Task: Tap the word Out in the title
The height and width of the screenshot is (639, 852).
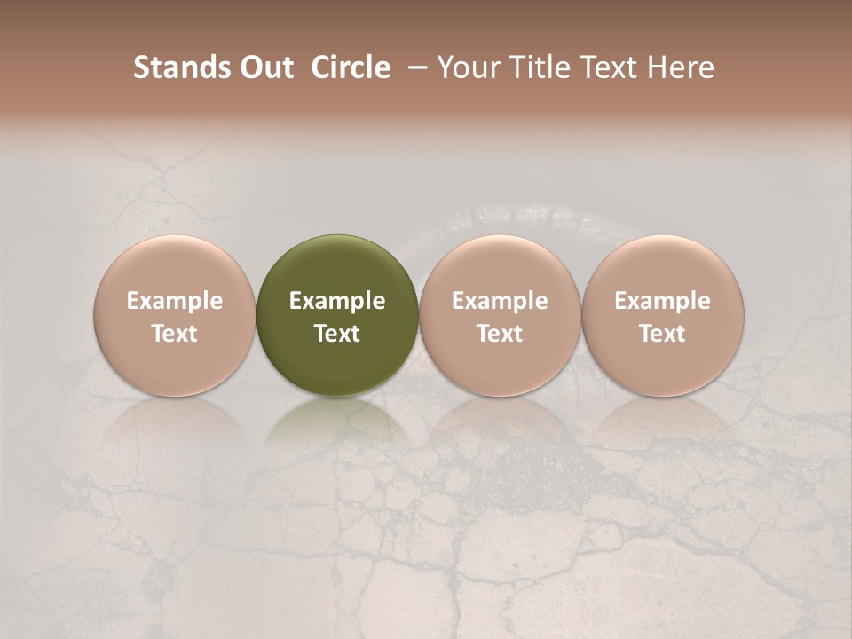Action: [x=265, y=67]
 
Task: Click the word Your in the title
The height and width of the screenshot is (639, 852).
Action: [x=467, y=67]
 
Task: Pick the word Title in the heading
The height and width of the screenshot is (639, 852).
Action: [x=536, y=67]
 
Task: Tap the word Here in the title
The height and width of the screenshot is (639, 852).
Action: [x=678, y=67]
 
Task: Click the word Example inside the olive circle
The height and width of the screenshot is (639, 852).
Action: [x=337, y=301]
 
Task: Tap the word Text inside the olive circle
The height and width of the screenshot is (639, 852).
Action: [x=337, y=334]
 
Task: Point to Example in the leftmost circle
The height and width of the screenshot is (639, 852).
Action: [x=174, y=301]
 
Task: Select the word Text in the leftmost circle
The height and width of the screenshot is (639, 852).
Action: [x=174, y=334]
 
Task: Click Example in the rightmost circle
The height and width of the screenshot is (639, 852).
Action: [x=662, y=301]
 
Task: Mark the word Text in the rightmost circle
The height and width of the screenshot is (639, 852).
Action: [x=662, y=334]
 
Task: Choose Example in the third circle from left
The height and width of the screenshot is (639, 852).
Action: [x=500, y=301]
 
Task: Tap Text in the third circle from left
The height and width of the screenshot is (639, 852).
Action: [x=500, y=334]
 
